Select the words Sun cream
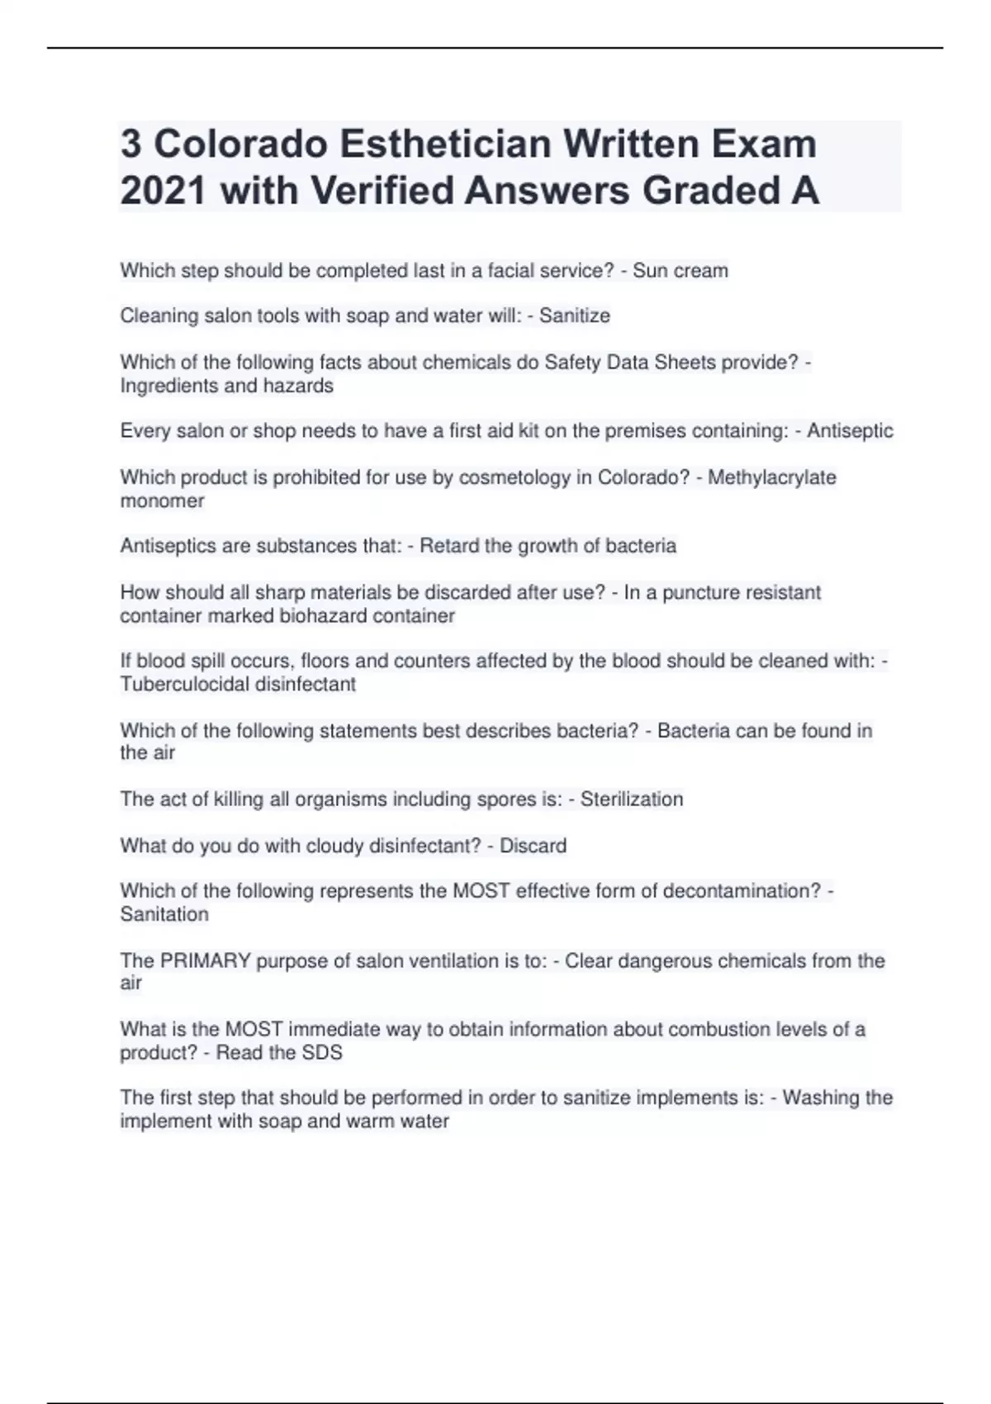[x=680, y=271]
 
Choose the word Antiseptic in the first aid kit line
[x=850, y=431]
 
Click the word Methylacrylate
[x=771, y=477]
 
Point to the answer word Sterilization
[x=632, y=799]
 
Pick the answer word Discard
[x=533, y=846]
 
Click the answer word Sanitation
[x=164, y=914]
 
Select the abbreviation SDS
[x=324, y=1052]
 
